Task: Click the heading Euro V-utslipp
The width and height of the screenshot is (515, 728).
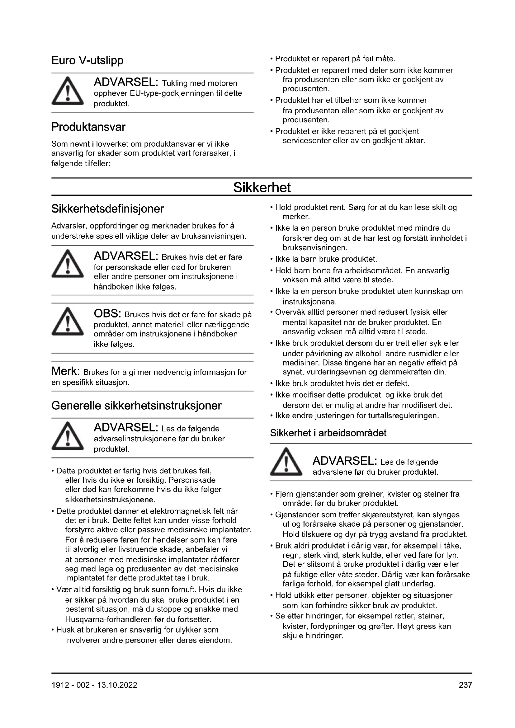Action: pyautogui.click(x=87, y=60)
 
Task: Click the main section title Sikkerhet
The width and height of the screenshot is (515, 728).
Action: pyautogui.click(x=262, y=187)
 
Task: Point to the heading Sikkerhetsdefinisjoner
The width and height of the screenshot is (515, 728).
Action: pyautogui.click(x=107, y=209)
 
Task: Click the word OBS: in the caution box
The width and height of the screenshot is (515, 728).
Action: pyautogui.click(x=107, y=314)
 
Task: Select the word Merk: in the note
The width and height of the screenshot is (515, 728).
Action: pyautogui.click(x=65, y=371)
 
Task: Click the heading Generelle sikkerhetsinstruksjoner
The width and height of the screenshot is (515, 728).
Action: pyautogui.click(x=136, y=406)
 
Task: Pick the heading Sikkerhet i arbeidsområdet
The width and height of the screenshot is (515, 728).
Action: pyautogui.click(x=328, y=433)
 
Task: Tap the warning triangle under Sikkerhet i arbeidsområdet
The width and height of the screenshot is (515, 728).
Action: pyautogui.click(x=286, y=462)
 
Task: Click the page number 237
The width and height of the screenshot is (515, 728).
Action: pyautogui.click(x=465, y=685)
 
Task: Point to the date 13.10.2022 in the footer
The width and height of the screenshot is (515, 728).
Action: pyautogui.click(x=117, y=685)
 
